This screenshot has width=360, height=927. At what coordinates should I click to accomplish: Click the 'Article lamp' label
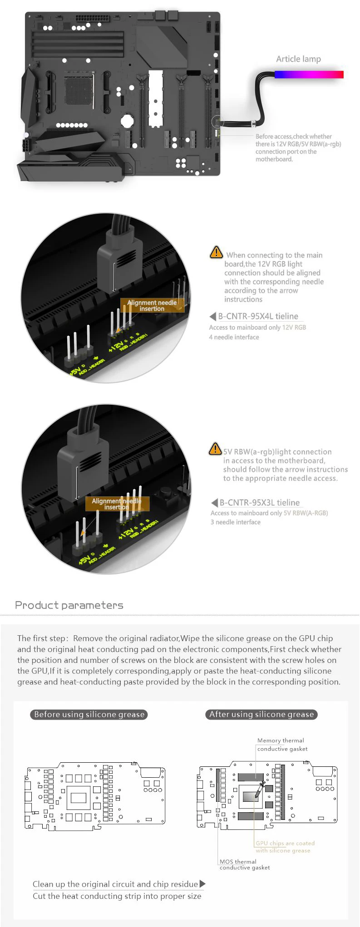coord(298,59)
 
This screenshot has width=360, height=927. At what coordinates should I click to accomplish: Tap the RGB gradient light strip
coord(309,74)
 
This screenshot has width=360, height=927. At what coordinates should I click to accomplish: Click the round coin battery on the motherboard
coord(127,120)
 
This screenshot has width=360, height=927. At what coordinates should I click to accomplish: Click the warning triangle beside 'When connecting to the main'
coord(216,252)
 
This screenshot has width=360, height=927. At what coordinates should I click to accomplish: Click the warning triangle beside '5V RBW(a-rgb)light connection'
coord(215,449)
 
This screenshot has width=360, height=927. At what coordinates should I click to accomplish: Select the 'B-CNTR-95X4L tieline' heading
coord(258,316)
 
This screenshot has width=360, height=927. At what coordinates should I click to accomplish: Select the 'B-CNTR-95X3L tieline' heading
coord(260,502)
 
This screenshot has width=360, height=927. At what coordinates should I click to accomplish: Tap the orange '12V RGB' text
coord(294,327)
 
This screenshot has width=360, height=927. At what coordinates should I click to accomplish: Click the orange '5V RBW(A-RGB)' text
coord(306,513)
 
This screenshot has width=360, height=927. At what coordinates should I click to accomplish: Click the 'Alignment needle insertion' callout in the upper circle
coord(152,305)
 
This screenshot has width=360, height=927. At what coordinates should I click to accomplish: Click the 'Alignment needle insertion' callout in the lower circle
coord(117,504)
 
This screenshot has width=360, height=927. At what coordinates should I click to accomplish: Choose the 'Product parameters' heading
coord(69,605)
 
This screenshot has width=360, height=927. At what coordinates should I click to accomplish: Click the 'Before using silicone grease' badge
coord(89,714)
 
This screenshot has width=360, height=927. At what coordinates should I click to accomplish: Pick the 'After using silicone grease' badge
coord(261,714)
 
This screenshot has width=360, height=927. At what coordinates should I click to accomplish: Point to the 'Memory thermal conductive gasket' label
coord(282,745)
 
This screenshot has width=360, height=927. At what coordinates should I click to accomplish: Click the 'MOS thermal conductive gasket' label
coord(245,864)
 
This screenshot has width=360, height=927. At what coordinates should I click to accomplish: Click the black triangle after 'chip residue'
coord(202,884)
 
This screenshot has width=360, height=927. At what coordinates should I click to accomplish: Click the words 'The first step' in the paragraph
coord(42,638)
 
